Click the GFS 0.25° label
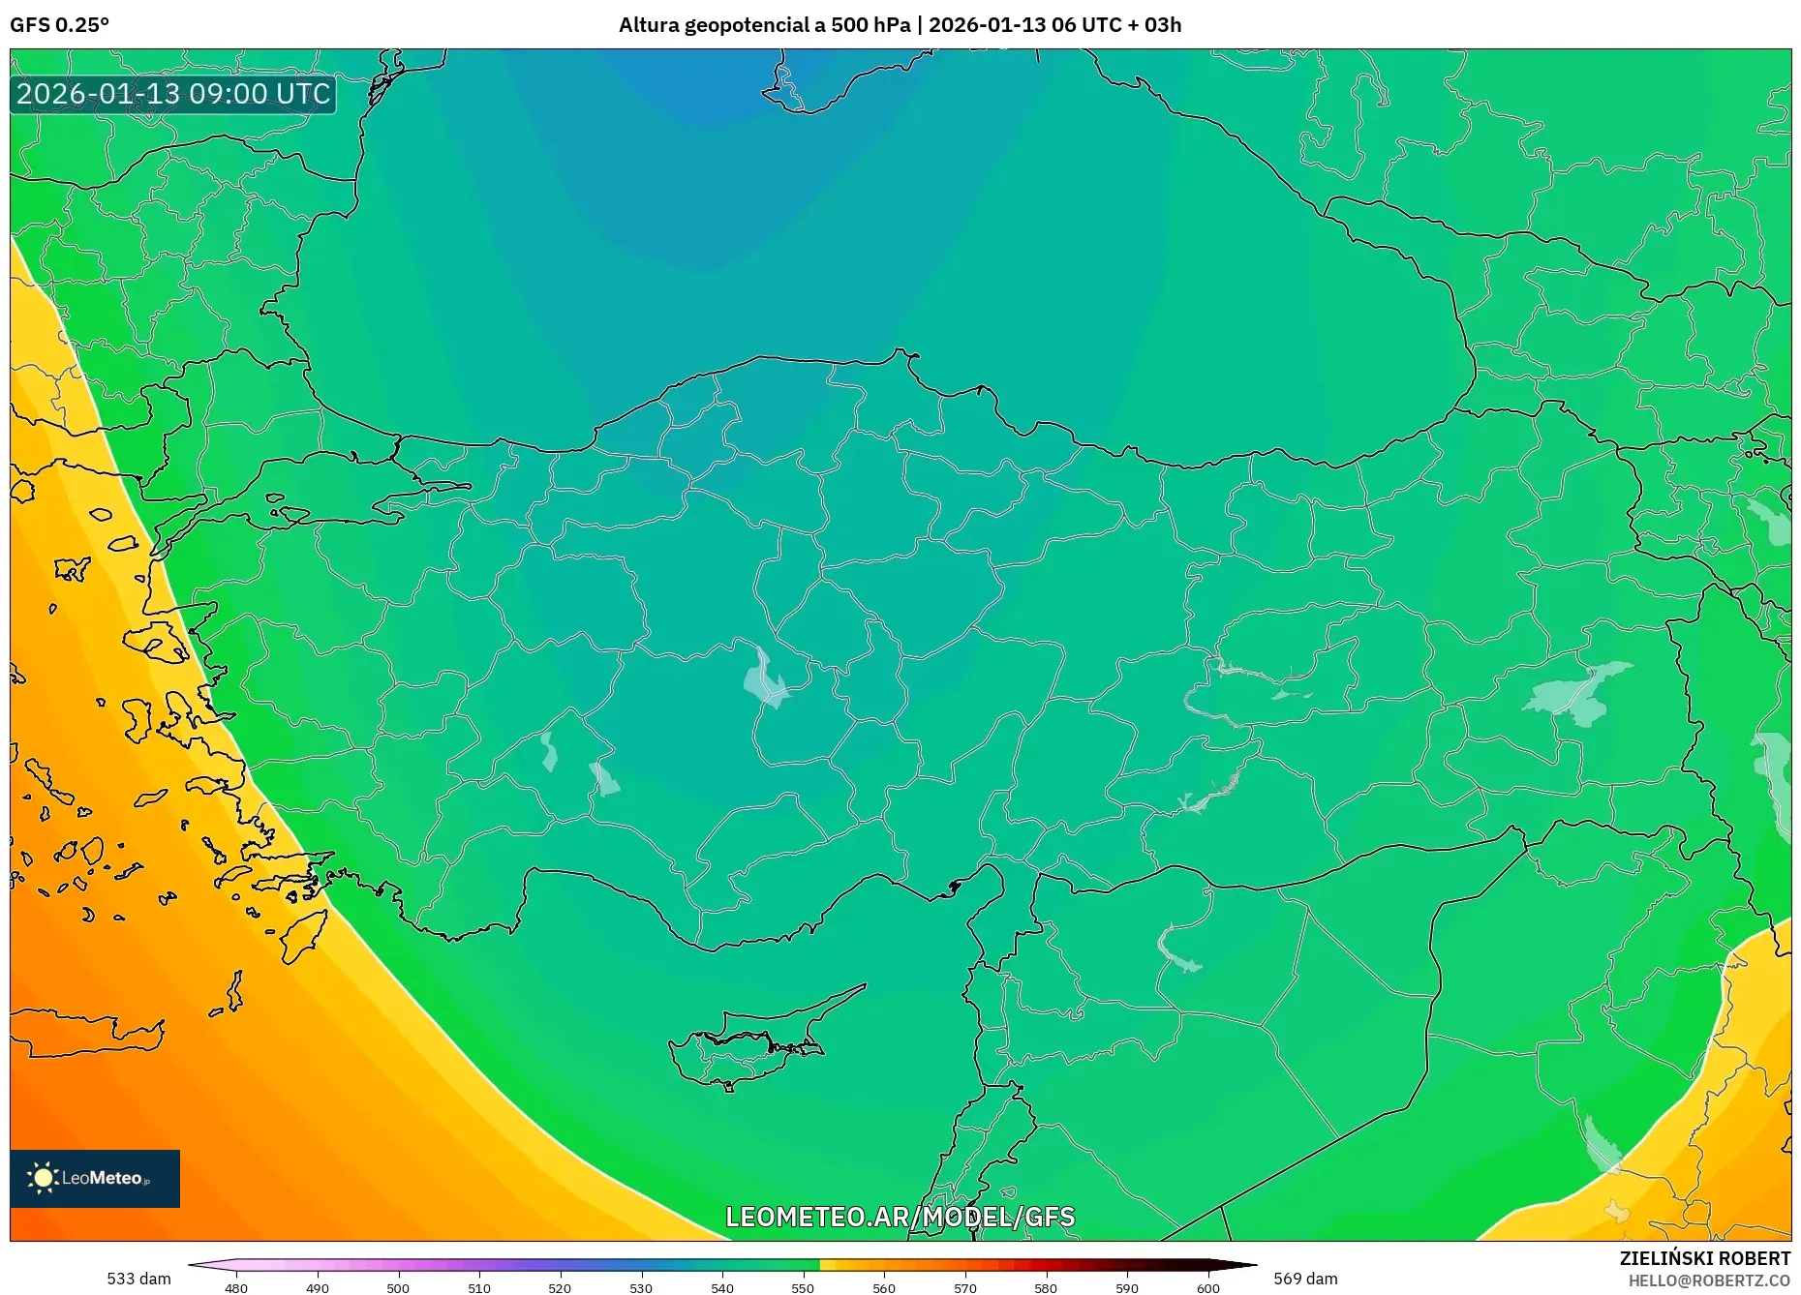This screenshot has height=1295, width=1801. (59, 25)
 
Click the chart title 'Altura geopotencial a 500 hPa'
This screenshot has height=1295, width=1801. (764, 25)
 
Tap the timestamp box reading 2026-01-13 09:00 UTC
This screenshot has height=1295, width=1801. (173, 94)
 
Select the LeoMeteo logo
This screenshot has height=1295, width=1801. (95, 1178)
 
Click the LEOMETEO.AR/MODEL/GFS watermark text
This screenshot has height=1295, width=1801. (900, 1217)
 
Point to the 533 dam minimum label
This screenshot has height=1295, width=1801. (138, 1279)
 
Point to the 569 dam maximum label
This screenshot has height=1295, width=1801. (1305, 1279)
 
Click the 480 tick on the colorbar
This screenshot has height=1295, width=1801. (236, 1287)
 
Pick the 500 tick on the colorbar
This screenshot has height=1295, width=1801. (398, 1287)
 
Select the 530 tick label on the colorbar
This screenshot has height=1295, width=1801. (641, 1287)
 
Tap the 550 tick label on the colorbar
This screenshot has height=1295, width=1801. (803, 1287)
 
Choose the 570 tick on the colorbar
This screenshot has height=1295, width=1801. (964, 1287)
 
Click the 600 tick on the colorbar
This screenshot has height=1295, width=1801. (1207, 1287)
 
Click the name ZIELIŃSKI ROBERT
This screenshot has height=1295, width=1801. (1704, 1258)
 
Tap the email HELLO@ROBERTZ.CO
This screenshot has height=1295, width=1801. (1709, 1280)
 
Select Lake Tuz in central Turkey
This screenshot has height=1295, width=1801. (765, 678)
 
